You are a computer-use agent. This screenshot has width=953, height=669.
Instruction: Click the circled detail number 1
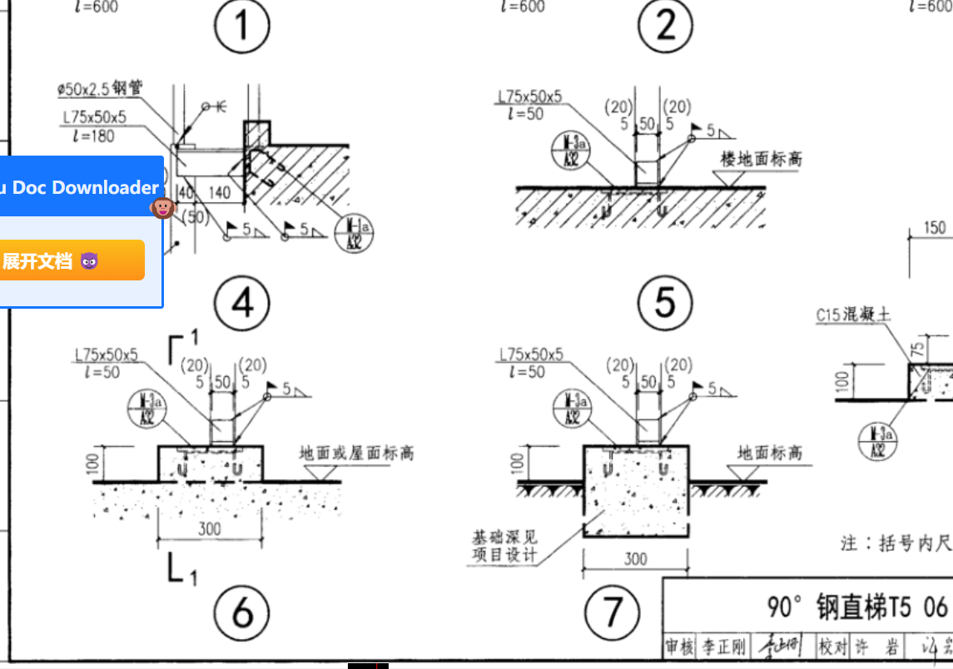click(242, 27)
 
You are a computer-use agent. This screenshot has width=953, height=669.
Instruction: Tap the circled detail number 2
click(666, 27)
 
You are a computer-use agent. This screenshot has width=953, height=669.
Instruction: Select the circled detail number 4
click(242, 303)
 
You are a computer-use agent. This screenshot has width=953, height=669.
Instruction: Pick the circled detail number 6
click(242, 613)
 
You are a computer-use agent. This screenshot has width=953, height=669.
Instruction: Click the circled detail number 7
click(613, 613)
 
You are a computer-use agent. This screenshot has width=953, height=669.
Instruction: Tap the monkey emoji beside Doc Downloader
click(162, 207)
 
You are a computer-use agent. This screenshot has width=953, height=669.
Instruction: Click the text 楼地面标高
click(761, 159)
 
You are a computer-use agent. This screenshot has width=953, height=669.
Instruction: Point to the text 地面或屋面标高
click(356, 453)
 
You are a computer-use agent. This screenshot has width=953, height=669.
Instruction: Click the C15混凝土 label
click(852, 315)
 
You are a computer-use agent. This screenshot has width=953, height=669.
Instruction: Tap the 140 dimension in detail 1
click(220, 193)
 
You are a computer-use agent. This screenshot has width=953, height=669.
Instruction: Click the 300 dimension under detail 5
click(635, 558)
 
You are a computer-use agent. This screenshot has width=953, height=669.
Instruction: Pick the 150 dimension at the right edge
click(935, 228)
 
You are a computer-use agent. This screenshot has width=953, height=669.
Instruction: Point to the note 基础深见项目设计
click(505, 546)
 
